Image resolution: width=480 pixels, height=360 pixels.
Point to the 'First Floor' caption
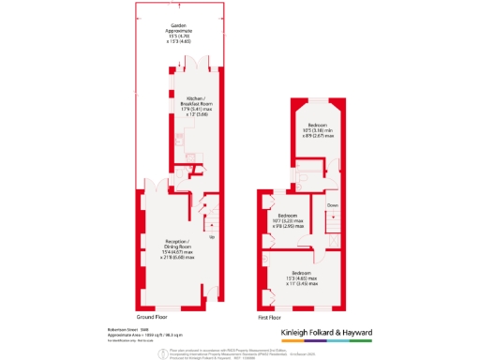270,318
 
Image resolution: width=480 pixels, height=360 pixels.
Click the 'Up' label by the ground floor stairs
211,236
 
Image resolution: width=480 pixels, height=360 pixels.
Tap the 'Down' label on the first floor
332,204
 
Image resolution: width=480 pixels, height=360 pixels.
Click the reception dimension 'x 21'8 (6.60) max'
176,257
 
